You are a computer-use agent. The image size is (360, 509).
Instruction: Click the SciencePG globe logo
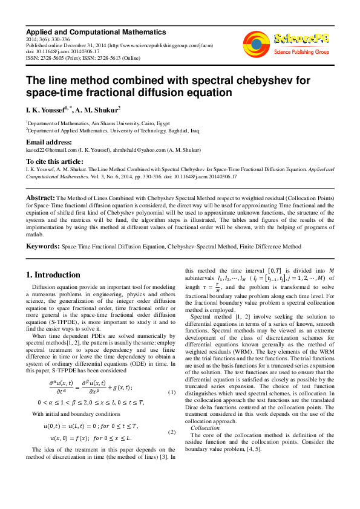pos(257,43)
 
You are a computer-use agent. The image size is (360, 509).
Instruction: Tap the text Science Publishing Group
pos(300,51)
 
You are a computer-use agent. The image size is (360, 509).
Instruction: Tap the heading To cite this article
pos(54,161)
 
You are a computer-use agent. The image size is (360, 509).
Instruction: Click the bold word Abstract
pos(40,198)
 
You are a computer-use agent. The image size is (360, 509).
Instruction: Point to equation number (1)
pos(172,392)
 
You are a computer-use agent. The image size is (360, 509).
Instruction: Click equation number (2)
pos(172,432)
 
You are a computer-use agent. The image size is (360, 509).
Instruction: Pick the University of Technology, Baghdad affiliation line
pos(113,130)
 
